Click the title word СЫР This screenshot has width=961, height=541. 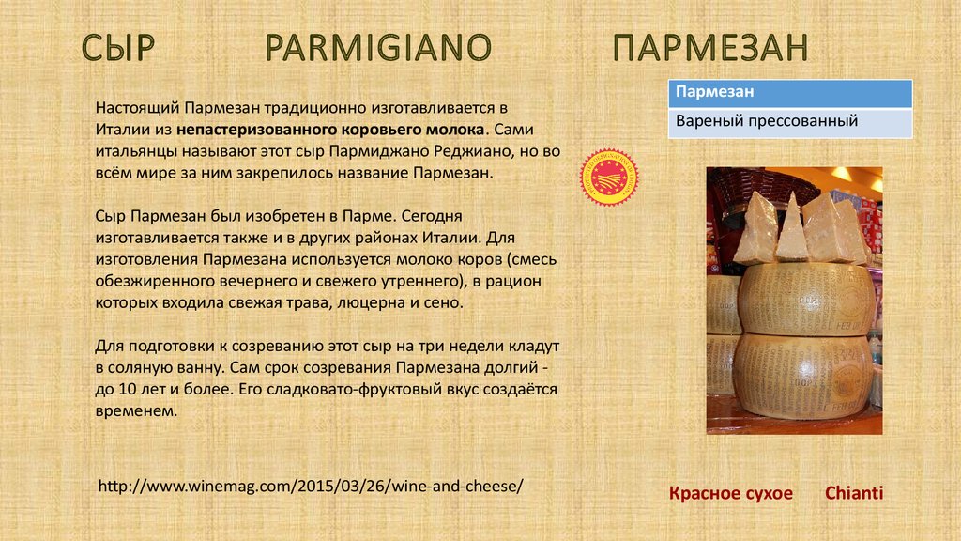117,47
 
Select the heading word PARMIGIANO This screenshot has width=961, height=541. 378,47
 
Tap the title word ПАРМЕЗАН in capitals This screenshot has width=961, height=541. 710,47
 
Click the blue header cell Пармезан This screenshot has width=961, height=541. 790,93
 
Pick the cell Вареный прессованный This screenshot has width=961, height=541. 790,122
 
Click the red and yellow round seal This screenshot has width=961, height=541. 609,178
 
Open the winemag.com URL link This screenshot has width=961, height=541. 311,486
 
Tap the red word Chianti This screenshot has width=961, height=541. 854,492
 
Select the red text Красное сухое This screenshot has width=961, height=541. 730,493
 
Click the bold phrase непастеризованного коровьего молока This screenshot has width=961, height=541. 330,130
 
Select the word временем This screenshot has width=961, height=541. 136,411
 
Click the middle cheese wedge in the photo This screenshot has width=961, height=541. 790,228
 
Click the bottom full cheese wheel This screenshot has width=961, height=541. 801,377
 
